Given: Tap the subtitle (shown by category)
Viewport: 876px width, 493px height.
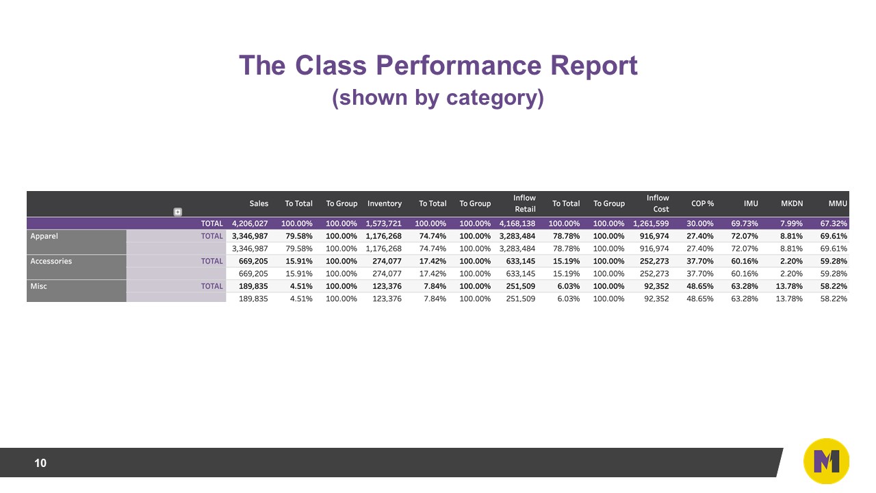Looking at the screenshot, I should point(438,98).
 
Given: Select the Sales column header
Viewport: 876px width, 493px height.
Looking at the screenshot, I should point(259,203).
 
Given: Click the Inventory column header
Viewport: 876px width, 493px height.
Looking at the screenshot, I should point(385,203).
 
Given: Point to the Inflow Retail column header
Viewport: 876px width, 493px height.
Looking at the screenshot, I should point(524,203).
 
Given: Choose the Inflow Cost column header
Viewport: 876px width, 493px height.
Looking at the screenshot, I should point(658,203).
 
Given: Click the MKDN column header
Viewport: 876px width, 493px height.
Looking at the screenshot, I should point(792,203).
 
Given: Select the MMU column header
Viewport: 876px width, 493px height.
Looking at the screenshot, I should point(838,203).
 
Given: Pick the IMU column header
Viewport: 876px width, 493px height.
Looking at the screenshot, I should point(750,203).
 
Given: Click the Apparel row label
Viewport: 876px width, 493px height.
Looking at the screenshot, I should point(44,236).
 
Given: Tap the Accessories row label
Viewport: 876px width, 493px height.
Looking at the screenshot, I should point(51,261).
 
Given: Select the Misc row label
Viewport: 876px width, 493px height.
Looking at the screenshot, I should point(39,286).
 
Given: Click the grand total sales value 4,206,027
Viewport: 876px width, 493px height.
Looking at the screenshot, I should point(250,223).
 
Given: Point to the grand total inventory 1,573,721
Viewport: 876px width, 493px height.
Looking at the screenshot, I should point(383,223).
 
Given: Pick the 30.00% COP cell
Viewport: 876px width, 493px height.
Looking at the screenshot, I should point(700,223).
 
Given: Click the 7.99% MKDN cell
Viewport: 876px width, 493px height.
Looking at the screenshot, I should point(792,223).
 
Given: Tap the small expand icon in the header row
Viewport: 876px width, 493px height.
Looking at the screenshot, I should point(178,212).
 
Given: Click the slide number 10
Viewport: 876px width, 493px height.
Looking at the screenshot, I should point(40,464).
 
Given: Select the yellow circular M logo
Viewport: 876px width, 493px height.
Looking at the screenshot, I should point(826,462).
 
